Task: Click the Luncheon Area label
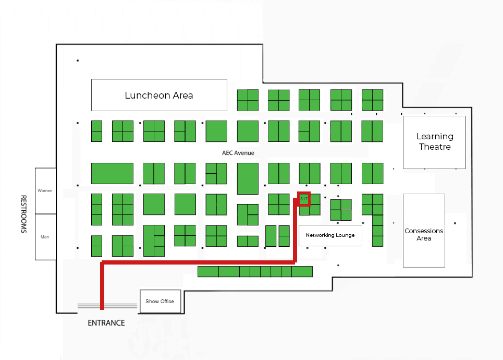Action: point(159,95)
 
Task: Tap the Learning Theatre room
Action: point(434,142)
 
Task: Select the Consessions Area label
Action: point(424,234)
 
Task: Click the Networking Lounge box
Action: point(330,235)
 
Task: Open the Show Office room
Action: point(161,301)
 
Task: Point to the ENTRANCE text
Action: point(106,323)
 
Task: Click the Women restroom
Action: point(45,191)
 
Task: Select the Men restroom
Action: point(45,237)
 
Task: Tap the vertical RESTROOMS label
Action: point(24,214)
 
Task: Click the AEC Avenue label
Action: point(238,153)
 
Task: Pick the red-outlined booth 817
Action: point(304,199)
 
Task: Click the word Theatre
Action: point(435,147)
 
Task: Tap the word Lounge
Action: point(345,235)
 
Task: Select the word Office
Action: point(167,301)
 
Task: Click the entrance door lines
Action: point(107,306)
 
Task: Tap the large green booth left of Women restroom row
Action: point(112,173)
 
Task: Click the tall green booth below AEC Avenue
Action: point(248,178)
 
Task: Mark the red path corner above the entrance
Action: point(102,262)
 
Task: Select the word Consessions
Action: point(424,231)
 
